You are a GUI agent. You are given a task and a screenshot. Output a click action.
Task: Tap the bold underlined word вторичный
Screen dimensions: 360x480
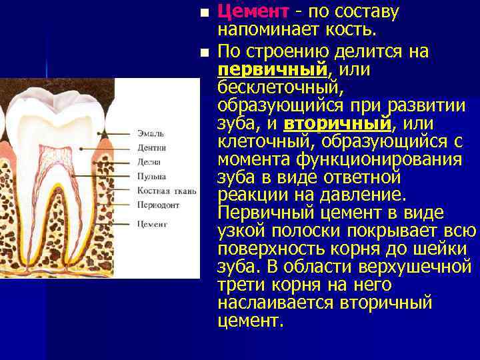click(337, 124)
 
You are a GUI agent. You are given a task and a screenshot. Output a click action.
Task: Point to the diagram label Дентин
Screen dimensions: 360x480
click(151, 147)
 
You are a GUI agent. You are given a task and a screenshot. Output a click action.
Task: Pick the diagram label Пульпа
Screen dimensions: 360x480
click(151, 177)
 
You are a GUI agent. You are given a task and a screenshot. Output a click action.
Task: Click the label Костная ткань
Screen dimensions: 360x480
click(167, 191)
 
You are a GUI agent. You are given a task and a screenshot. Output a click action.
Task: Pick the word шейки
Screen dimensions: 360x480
click(448, 249)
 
